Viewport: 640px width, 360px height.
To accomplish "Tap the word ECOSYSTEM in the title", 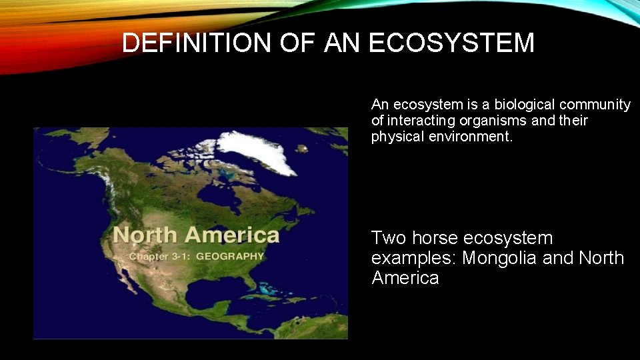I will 451,43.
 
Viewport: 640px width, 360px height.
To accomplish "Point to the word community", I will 595,105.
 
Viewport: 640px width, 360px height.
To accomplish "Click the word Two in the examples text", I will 388,238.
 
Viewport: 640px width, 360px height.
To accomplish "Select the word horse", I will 435,238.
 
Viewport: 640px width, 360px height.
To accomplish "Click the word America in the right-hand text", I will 405,278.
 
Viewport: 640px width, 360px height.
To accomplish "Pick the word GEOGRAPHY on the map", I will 230,256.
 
